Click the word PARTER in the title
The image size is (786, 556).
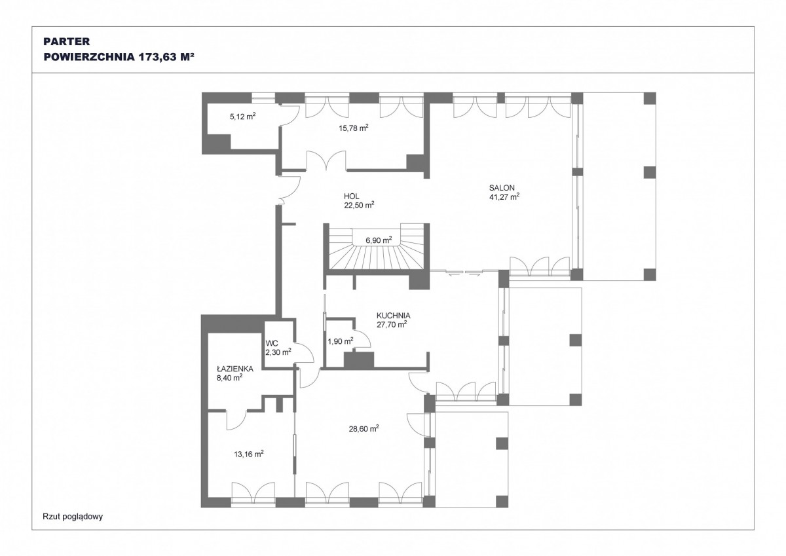pyautogui.click(x=67, y=41)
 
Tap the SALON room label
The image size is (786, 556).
pyautogui.click(x=502, y=188)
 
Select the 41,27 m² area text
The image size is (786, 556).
pyautogui.click(x=504, y=196)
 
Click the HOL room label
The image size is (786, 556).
pyautogui.click(x=351, y=196)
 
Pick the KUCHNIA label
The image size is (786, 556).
pyautogui.click(x=394, y=316)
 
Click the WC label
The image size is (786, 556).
pyautogui.click(x=272, y=343)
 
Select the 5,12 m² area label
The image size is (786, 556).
pyautogui.click(x=242, y=117)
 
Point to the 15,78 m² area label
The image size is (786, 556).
pyautogui.click(x=353, y=128)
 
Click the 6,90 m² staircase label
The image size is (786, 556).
pyautogui.click(x=379, y=240)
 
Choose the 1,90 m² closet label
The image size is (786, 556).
pyautogui.click(x=341, y=341)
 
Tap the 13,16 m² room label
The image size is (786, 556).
pyautogui.click(x=249, y=454)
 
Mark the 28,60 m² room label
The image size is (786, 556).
pyautogui.click(x=364, y=429)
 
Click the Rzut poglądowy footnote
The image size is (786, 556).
pyautogui.click(x=73, y=516)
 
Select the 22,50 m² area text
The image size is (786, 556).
pyautogui.click(x=359, y=205)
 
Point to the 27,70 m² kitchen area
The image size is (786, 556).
pyautogui.click(x=392, y=324)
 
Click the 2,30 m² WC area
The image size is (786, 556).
pyautogui.click(x=278, y=352)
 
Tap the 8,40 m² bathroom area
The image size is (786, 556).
pyautogui.click(x=229, y=377)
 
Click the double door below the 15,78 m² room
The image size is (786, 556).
pyautogui.click(x=326, y=162)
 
